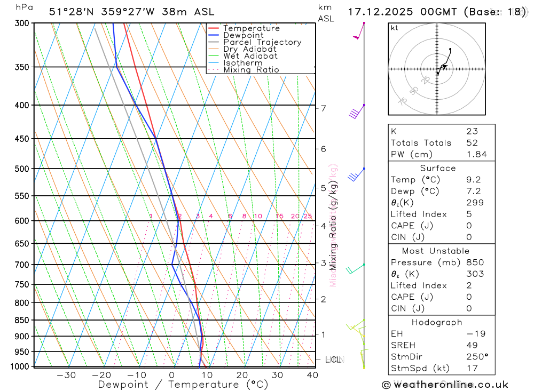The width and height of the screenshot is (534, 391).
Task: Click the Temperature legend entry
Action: [251, 28]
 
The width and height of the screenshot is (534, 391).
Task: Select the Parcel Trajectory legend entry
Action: [262, 42]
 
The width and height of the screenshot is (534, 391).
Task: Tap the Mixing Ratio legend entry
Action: [251, 70]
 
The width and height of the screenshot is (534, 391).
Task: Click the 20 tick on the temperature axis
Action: [242, 375]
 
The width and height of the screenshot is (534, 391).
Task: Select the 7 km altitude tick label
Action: [324, 108]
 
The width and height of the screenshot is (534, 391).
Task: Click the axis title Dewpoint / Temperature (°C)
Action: [183, 385]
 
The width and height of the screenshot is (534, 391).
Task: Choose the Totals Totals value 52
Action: [472, 143]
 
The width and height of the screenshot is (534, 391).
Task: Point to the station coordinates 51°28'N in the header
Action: [72, 12]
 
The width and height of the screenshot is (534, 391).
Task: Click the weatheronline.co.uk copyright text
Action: [445, 385]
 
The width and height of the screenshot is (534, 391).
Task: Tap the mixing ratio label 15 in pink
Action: [279, 216]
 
